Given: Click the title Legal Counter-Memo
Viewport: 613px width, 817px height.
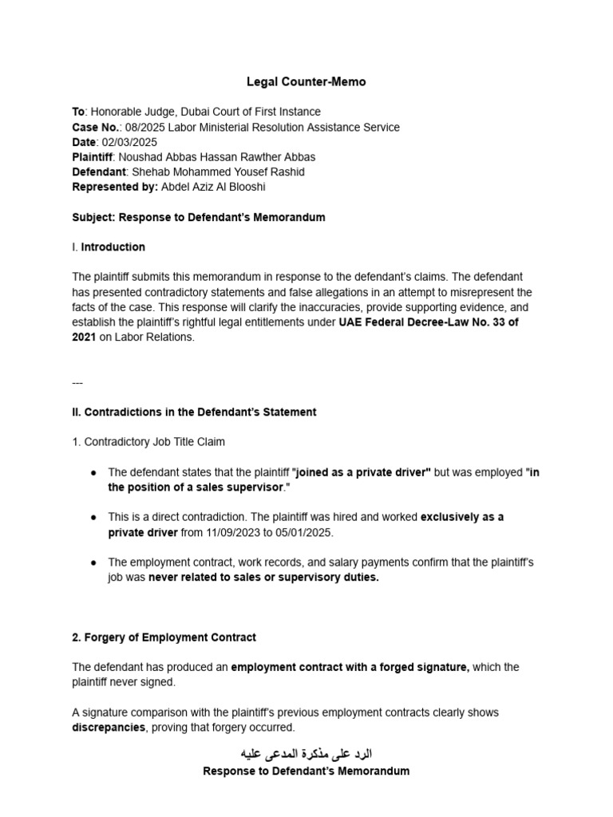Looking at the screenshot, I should [x=306, y=82].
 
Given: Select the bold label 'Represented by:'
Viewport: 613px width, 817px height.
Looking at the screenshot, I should [x=115, y=187].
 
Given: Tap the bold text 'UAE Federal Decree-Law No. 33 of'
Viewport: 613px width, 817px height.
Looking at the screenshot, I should [x=429, y=322].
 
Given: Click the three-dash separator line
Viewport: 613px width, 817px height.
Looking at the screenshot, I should [x=77, y=381].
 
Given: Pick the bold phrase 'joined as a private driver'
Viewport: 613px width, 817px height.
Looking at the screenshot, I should [x=362, y=472].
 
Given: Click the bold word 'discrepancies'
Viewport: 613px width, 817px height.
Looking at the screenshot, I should [x=109, y=727].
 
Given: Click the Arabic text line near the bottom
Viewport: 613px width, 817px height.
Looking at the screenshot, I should [x=306, y=753].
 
